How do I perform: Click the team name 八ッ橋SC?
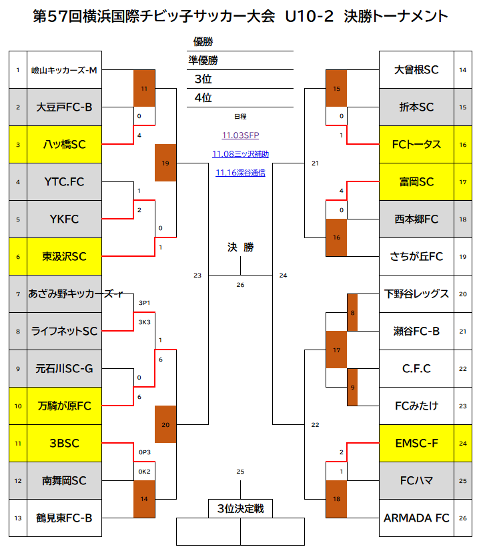pyautogui.click(x=65, y=144)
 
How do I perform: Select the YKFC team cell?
pyautogui.click(x=65, y=219)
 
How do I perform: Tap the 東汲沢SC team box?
pyautogui.click(x=65, y=256)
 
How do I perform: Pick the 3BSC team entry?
pyautogui.click(x=65, y=443)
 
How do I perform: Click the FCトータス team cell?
pyautogui.click(x=417, y=144)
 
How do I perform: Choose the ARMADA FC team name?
pyautogui.click(x=417, y=518)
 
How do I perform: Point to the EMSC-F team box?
pyautogui.click(x=417, y=443)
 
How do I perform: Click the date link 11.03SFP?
pyautogui.click(x=240, y=135)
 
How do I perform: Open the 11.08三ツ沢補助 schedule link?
pyautogui.click(x=240, y=154)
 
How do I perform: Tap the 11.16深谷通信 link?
pyautogui.click(x=240, y=173)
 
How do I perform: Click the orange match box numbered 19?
pyautogui.click(x=165, y=163)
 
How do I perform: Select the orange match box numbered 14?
pyautogui.click(x=144, y=499)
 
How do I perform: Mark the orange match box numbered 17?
pyautogui.click(x=337, y=350)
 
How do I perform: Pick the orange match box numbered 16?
pyautogui.click(x=337, y=237)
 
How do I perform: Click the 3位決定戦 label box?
pyautogui.click(x=240, y=508)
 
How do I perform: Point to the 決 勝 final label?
pyautogui.click(x=240, y=247)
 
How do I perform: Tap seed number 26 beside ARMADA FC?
pyautogui.click(x=463, y=518)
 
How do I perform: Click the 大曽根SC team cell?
pyautogui.click(x=417, y=69)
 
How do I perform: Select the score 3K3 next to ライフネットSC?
pyautogui.click(x=144, y=322)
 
